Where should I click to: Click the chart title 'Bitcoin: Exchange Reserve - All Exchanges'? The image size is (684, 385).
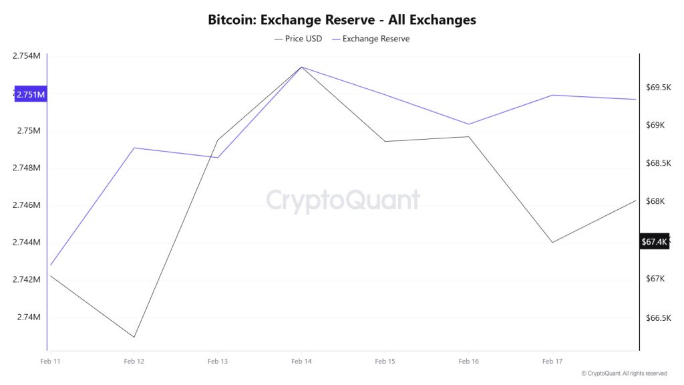pyautogui.click(x=342, y=19)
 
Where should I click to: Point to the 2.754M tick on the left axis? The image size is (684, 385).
pyautogui.click(x=27, y=55)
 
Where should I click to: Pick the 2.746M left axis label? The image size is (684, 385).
pyautogui.click(x=27, y=205)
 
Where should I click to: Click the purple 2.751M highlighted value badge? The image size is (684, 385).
pyautogui.click(x=31, y=94)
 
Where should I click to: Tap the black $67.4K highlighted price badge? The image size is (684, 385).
pyautogui.click(x=654, y=242)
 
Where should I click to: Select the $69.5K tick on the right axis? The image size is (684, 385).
pyautogui.click(x=658, y=88)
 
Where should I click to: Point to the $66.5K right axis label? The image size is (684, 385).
pyautogui.click(x=658, y=318)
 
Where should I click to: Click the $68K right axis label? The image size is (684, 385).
pyautogui.click(x=655, y=202)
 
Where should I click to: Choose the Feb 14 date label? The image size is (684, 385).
pyautogui.click(x=301, y=361)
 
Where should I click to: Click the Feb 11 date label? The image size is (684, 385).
pyautogui.click(x=50, y=361)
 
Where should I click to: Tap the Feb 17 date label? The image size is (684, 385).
pyautogui.click(x=552, y=361)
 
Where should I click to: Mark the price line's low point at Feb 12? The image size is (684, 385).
pyautogui.click(x=134, y=337)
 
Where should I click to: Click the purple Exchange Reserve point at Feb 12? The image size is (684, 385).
pyautogui.click(x=134, y=148)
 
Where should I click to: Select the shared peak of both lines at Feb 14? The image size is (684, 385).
pyautogui.click(x=301, y=67)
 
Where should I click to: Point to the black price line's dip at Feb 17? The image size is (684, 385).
pyautogui.click(x=552, y=242)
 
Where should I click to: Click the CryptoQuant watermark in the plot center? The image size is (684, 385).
pyautogui.click(x=343, y=200)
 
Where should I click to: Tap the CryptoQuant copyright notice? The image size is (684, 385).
pyautogui.click(x=624, y=373)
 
